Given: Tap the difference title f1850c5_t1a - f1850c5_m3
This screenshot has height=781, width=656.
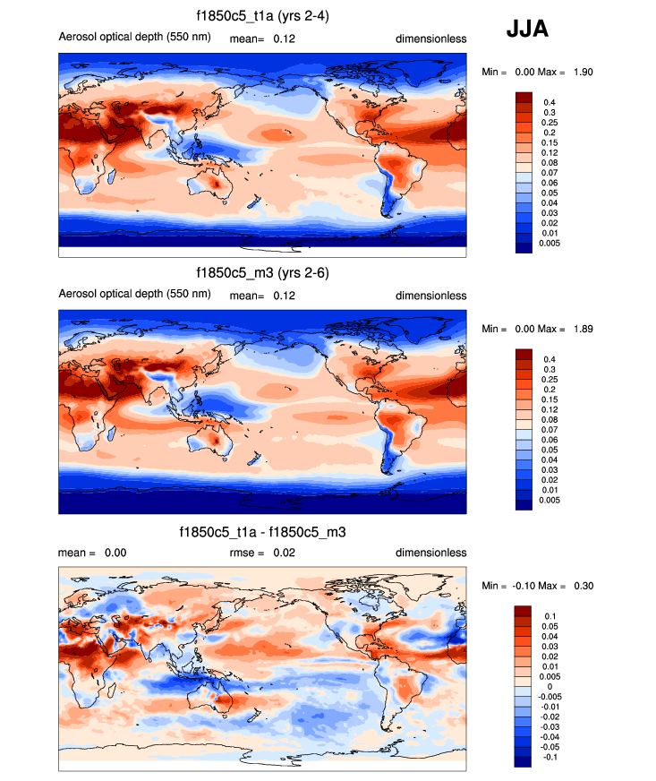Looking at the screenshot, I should pos(262,531).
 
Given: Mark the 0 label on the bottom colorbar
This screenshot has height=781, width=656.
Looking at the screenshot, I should pos(547,686).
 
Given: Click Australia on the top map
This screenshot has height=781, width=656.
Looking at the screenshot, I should pos(212,185).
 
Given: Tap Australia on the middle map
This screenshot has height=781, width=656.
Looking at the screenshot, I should pos(212,441).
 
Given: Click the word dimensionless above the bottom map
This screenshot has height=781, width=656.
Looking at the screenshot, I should pos(431,553).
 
